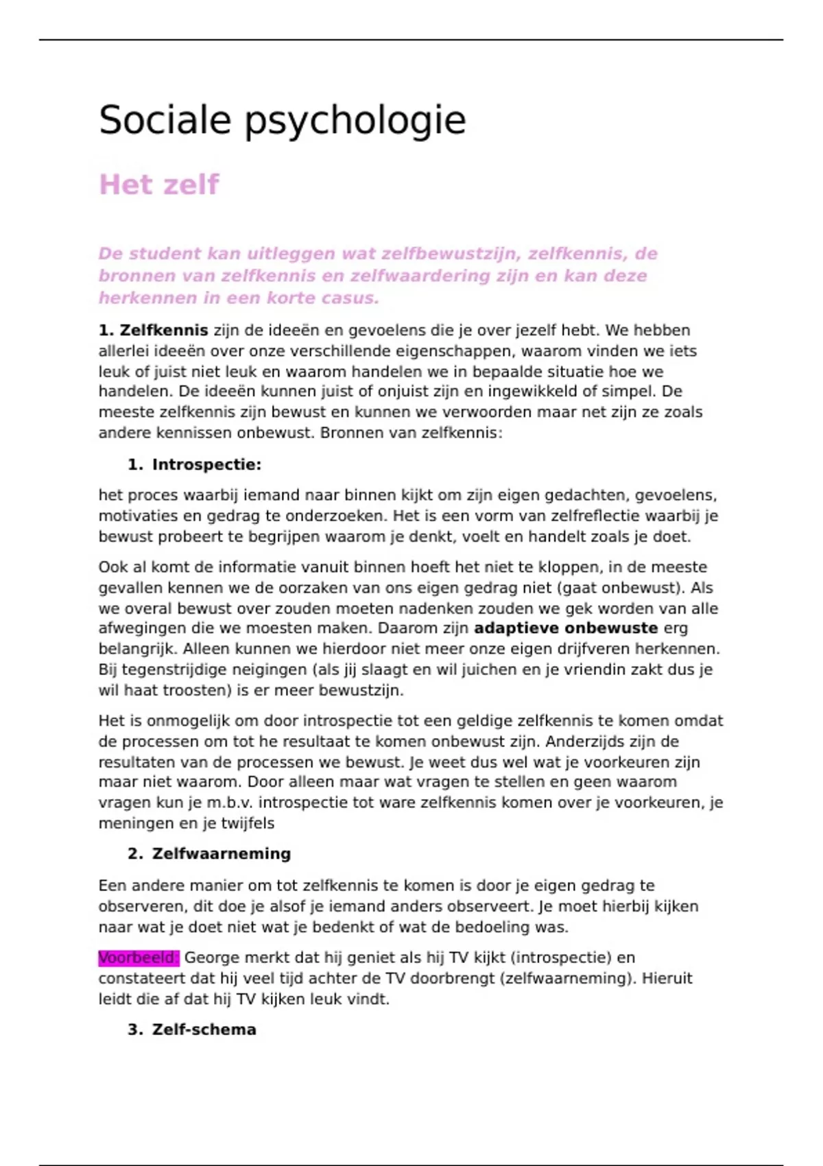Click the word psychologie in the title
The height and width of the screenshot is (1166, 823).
point(355,121)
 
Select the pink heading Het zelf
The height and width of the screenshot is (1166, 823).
point(158,185)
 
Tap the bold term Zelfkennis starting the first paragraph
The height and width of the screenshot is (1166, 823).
point(164,331)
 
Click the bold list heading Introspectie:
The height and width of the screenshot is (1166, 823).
point(206,465)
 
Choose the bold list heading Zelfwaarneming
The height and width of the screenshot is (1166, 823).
point(221,854)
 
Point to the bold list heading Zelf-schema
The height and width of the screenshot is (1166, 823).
point(204,1030)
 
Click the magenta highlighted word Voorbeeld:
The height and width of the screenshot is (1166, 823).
point(138,957)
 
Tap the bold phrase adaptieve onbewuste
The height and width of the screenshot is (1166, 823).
point(566,628)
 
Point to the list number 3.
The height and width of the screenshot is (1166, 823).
point(134,1030)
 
